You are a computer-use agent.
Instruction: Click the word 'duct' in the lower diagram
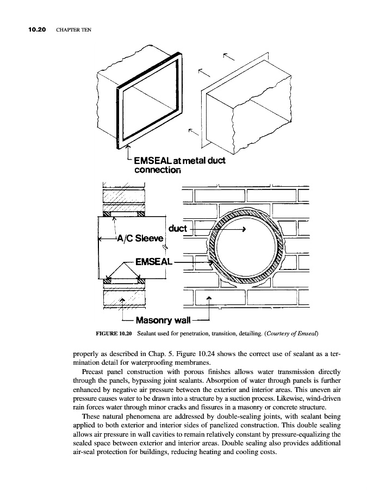pos(178,228)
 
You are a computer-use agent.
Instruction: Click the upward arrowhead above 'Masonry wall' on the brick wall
pos(209,297)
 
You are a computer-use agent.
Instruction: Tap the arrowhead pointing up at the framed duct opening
pos(129,146)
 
